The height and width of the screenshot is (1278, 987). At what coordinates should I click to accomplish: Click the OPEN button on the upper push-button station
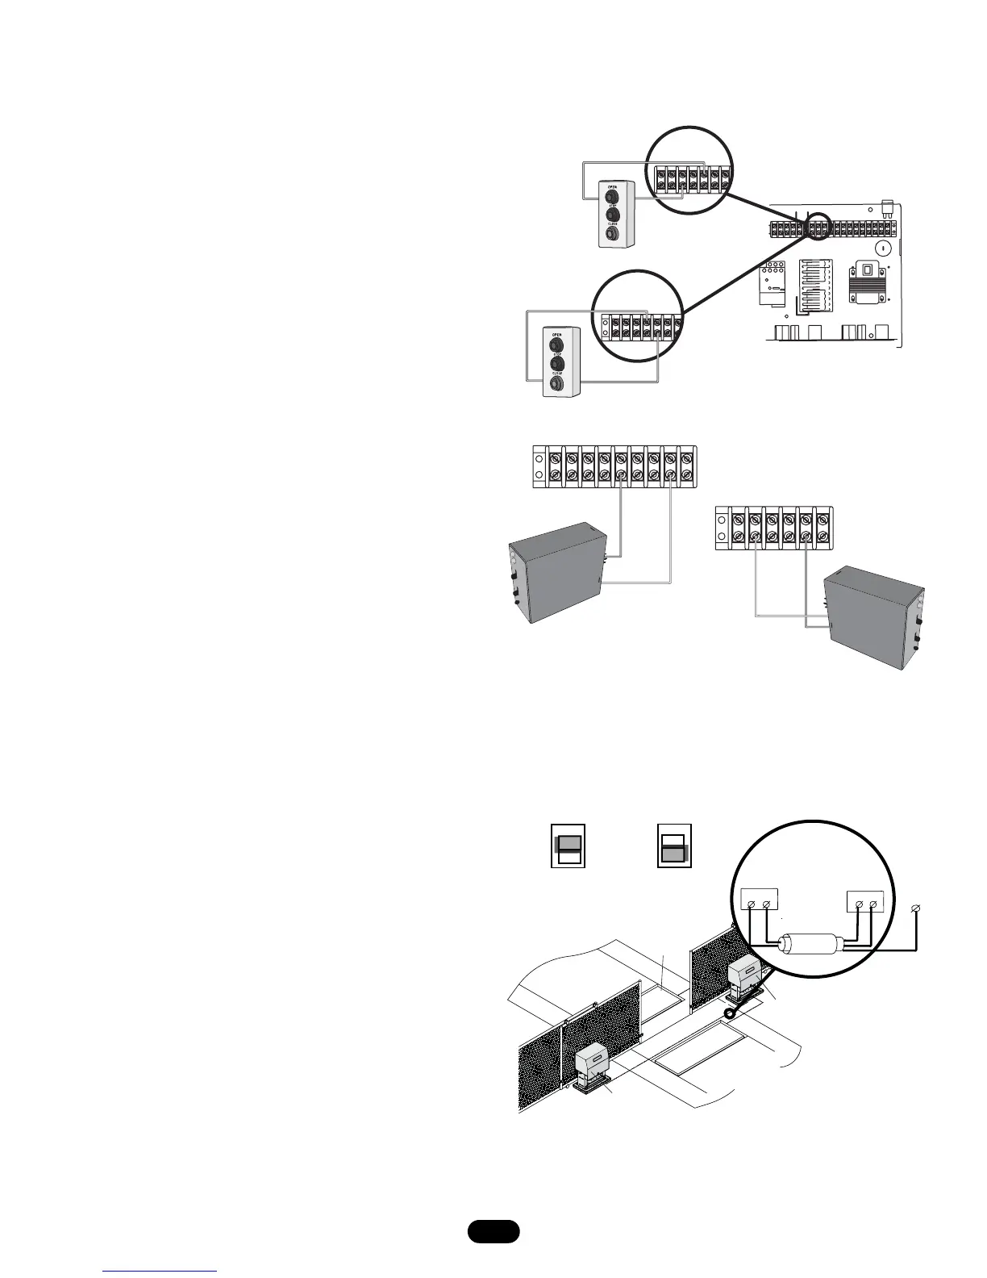pyautogui.click(x=611, y=195)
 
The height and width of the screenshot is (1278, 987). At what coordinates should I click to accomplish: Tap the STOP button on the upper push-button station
pyautogui.click(x=611, y=215)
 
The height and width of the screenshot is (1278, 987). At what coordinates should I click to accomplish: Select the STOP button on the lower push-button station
pyautogui.click(x=556, y=364)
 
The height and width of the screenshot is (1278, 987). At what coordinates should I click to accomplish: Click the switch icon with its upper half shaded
pyautogui.click(x=568, y=845)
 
